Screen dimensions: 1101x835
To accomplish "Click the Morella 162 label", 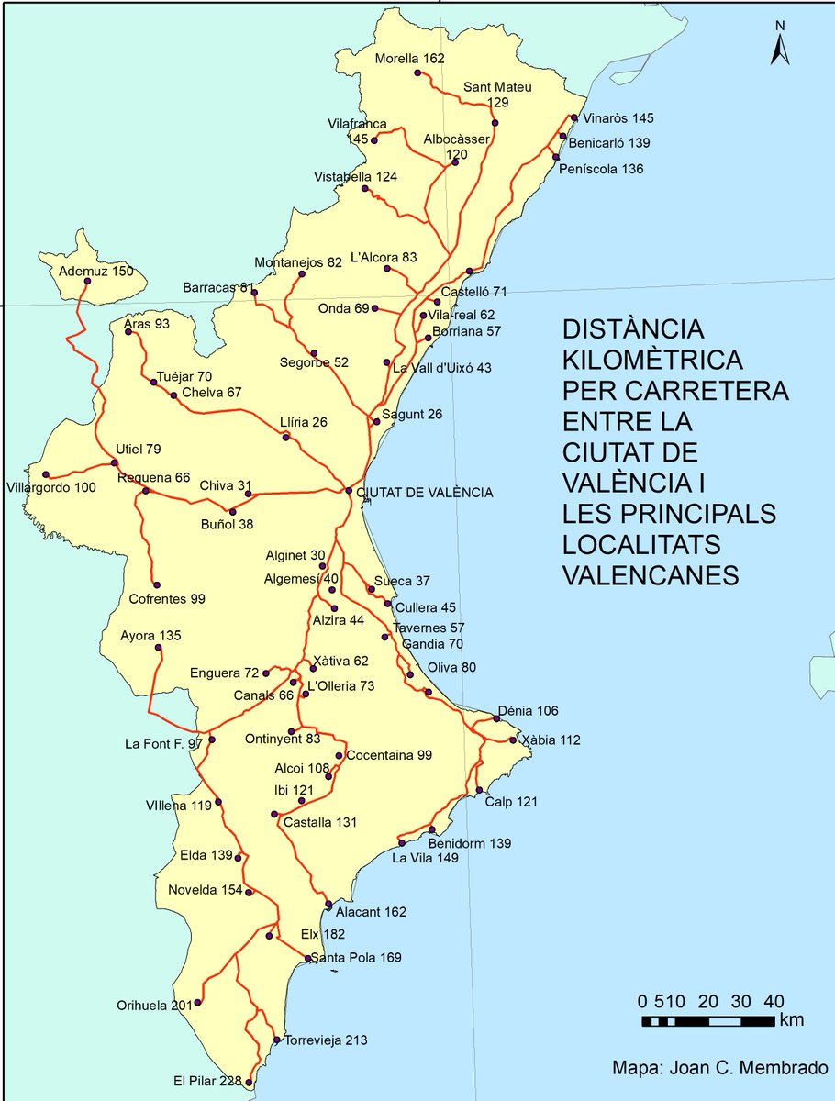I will coord(410,59).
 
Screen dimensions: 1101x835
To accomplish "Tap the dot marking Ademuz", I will coord(87,283).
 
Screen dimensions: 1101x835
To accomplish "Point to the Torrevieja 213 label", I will coord(326,1040).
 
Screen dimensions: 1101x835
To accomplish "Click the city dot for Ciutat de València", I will coord(349,490).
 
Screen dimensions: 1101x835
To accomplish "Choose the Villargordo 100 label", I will coord(50,486).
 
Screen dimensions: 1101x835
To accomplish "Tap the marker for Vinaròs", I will coord(573,117).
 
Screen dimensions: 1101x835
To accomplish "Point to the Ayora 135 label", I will coord(151,636).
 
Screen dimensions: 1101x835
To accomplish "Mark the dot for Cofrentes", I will coord(157,584).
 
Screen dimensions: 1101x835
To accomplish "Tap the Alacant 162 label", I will coord(371,912).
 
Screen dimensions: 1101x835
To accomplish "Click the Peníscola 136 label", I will coord(607,169).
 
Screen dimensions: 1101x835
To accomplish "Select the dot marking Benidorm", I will coord(431,830).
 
